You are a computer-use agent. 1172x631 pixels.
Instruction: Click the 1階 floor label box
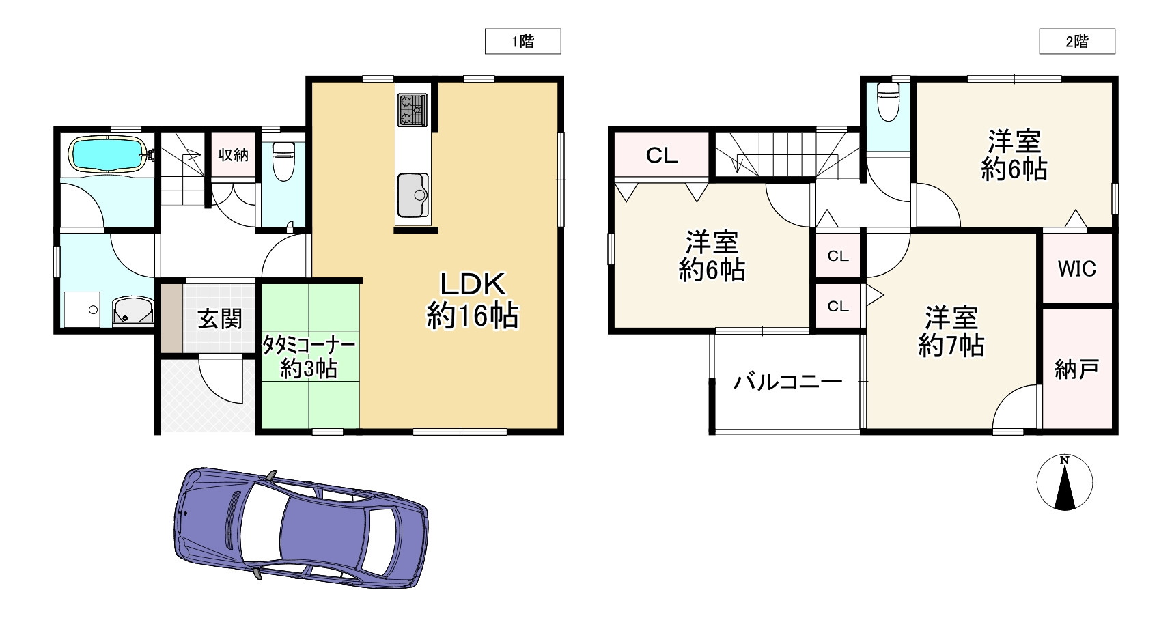tap(522, 42)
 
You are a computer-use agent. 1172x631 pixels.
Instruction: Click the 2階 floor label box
tap(1077, 42)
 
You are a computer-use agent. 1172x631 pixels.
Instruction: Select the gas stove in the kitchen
tap(413, 109)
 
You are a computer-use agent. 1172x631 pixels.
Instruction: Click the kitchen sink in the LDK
tap(413, 194)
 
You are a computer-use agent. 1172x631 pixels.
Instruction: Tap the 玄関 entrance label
tap(220, 318)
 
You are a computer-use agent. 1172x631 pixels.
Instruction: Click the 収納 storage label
tap(233, 154)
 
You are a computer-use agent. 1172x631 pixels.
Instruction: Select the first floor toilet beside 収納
tap(282, 160)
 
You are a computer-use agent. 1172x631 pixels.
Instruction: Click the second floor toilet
tap(888, 101)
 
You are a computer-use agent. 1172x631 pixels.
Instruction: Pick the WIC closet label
tap(1076, 268)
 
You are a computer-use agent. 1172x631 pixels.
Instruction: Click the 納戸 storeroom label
tap(1076, 369)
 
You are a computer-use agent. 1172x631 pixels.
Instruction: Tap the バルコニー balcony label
tap(787, 382)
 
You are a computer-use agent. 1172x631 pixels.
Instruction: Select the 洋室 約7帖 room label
tap(951, 332)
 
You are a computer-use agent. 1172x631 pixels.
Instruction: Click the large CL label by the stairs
tap(661, 156)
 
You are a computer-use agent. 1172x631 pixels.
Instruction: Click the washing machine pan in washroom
tap(82, 309)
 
